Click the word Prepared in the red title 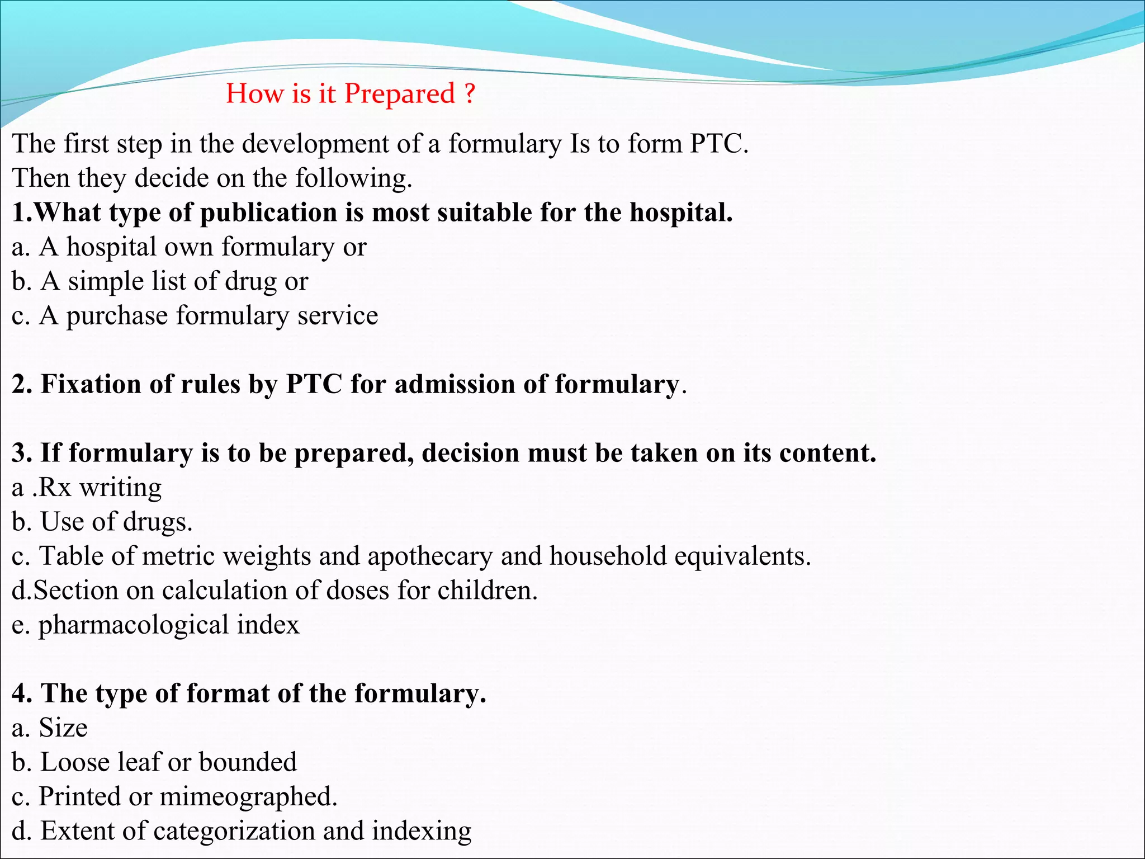[399, 94]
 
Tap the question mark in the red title [470, 93]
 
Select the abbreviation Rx [55, 488]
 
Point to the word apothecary [430, 557]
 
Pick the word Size [63, 728]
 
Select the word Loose [72, 762]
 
